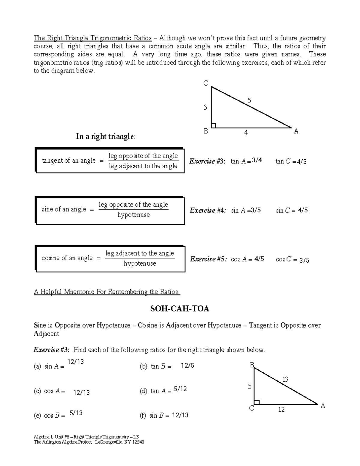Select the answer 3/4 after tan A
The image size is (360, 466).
pyautogui.click(x=257, y=161)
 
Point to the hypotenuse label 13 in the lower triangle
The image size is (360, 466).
pyautogui.click(x=285, y=379)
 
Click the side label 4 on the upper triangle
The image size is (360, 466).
pyautogui.click(x=246, y=132)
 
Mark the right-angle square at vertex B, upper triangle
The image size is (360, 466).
pyautogui.click(x=214, y=125)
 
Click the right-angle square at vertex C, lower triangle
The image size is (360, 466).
pyautogui.click(x=256, y=402)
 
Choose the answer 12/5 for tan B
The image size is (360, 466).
pyautogui.click(x=187, y=365)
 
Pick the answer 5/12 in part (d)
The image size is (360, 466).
pyautogui.click(x=180, y=389)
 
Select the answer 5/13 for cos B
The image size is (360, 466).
pyautogui.click(x=76, y=413)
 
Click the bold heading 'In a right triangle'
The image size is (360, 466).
pyautogui.click(x=106, y=137)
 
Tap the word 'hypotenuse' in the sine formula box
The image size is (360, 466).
pyautogui.click(x=133, y=215)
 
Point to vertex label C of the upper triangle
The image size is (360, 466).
pyautogui.click(x=206, y=83)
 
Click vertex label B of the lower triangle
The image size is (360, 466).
pyautogui.click(x=252, y=365)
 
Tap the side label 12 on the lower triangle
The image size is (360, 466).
pyautogui.click(x=281, y=410)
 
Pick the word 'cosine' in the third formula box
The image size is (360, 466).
pyautogui.click(x=50, y=258)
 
